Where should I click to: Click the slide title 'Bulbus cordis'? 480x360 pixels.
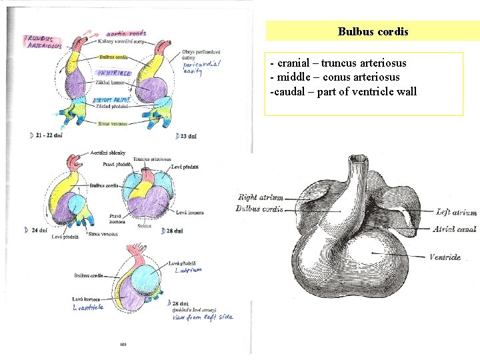(x=373, y=31)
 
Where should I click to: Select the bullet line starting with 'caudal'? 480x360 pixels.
(x=343, y=91)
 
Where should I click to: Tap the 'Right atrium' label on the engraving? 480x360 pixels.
(x=260, y=197)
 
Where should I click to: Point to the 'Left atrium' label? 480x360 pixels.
(x=456, y=213)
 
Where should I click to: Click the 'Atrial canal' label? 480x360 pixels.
(x=454, y=229)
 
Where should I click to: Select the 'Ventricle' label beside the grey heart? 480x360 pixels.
(x=445, y=257)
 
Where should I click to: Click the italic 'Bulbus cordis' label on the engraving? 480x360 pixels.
(x=259, y=209)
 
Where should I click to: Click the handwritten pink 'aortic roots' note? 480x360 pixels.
(x=127, y=33)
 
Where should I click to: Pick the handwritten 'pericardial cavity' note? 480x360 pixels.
(x=201, y=67)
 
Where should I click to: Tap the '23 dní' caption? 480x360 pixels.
(x=187, y=136)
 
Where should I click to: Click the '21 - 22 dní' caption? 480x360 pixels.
(x=49, y=135)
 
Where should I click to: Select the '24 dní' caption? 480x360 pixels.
(x=38, y=230)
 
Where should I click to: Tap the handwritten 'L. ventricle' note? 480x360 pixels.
(x=88, y=307)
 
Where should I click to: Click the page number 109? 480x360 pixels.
(x=122, y=345)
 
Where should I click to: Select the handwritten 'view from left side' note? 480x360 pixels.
(x=202, y=317)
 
